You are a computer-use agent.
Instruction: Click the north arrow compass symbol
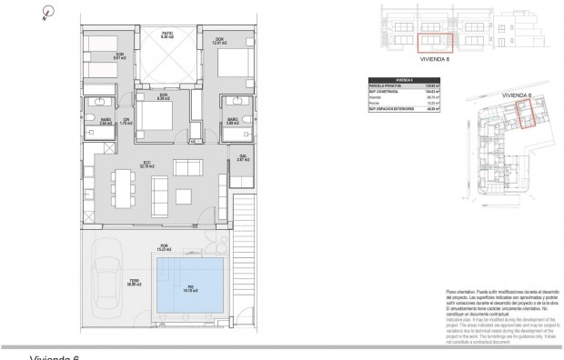(x=47, y=12)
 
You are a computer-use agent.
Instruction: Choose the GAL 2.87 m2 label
(x=243, y=157)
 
